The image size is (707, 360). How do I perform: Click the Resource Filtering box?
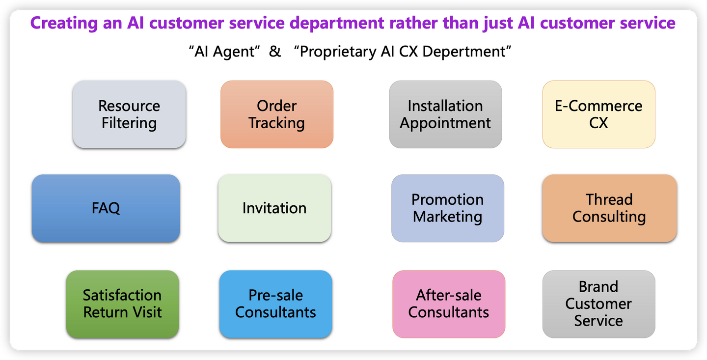point(129,114)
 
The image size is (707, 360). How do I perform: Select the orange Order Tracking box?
point(277,114)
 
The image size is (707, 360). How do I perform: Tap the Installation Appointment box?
point(445,114)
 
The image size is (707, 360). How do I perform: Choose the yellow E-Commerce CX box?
point(599,114)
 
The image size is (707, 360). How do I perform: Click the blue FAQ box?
point(106,208)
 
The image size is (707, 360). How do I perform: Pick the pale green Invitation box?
point(274,208)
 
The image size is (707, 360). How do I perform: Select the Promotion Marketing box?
point(448,208)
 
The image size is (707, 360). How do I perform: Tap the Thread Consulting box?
point(609,208)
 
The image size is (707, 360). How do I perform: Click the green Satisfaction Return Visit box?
point(122,304)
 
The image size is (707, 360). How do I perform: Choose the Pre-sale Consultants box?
point(275,304)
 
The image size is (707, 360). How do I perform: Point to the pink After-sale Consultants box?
point(449,304)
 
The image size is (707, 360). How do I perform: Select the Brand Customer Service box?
point(599,304)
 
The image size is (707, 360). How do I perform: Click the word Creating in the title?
point(64,24)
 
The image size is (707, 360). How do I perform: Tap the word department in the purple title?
point(337,24)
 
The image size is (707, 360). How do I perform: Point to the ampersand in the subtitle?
point(275,51)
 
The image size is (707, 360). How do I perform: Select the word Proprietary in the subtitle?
point(338,52)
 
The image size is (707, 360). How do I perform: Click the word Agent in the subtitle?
point(234,52)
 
